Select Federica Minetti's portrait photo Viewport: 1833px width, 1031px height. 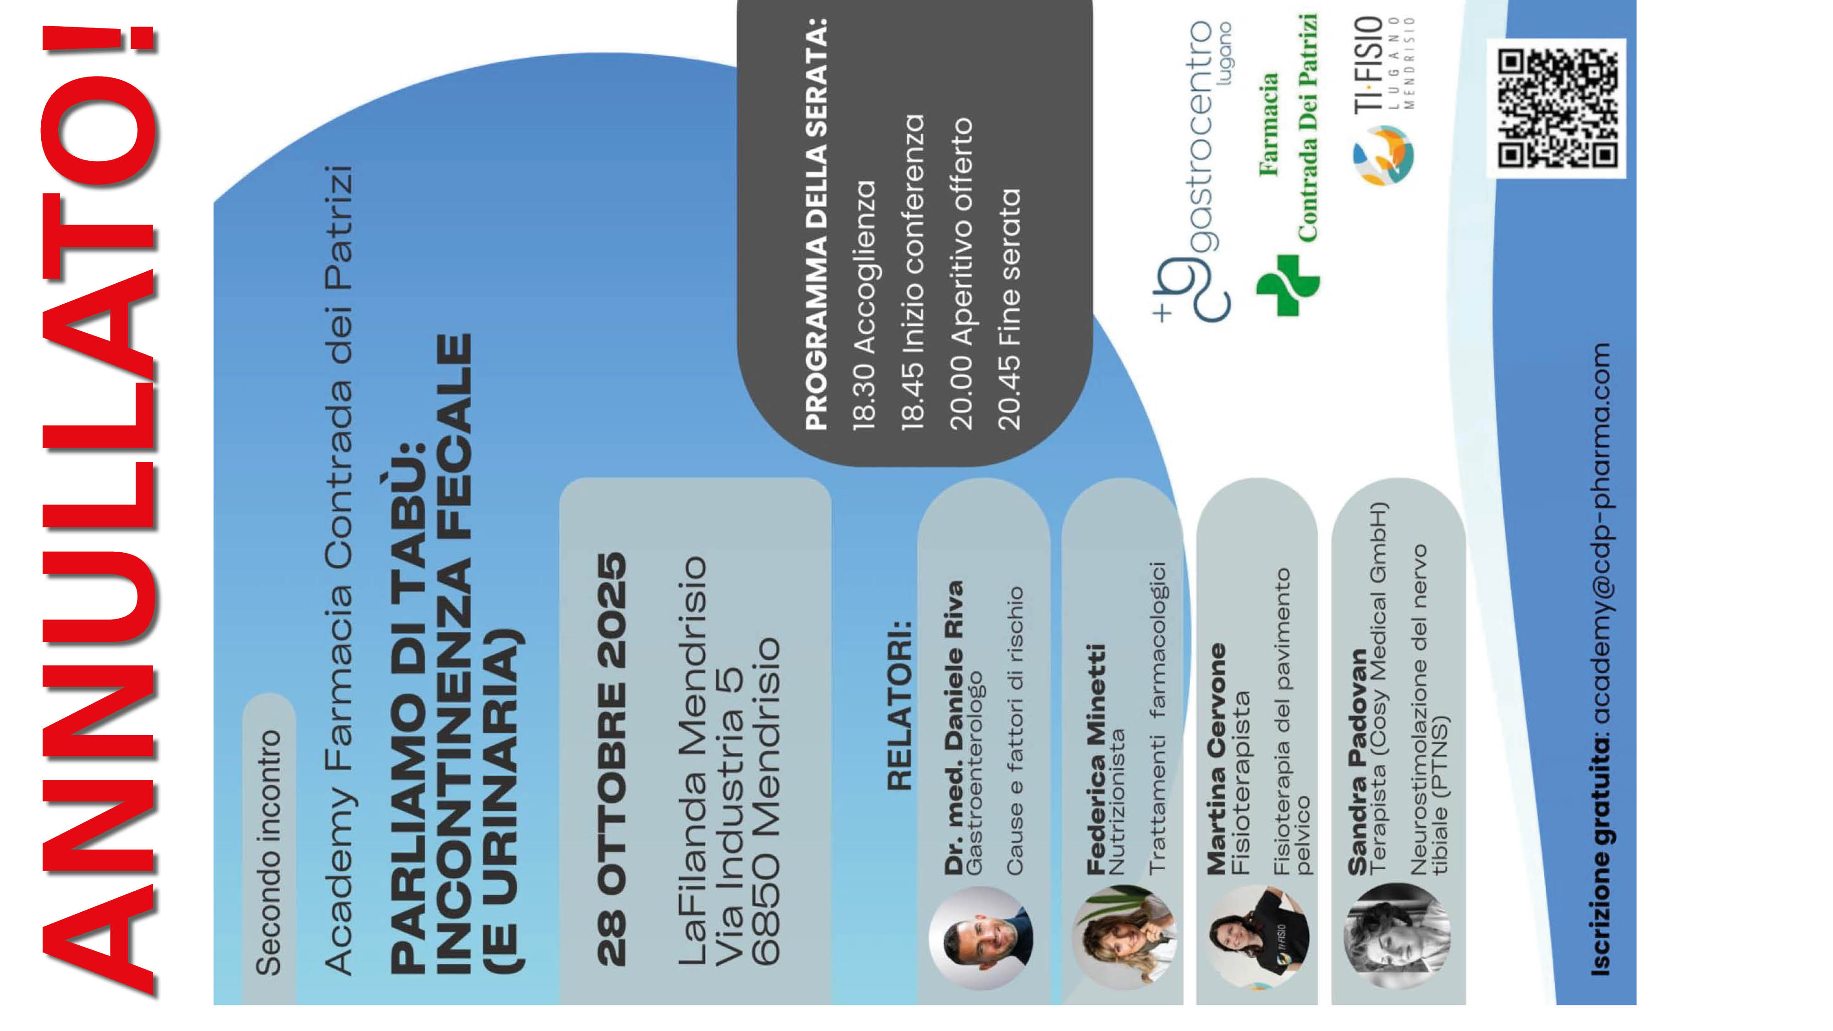(1124, 938)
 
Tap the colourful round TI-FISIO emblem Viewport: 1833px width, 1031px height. (1383, 156)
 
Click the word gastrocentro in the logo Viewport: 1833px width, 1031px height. (1202, 135)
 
